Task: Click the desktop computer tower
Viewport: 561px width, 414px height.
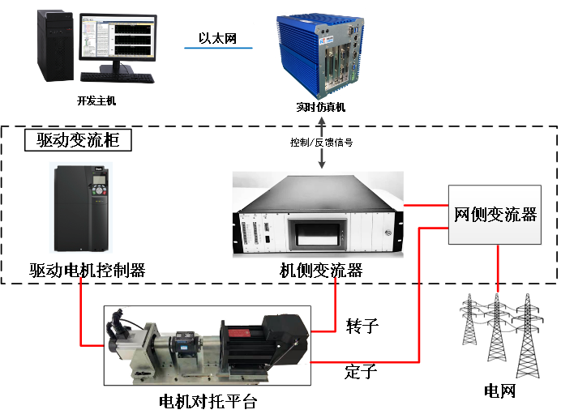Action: [58, 45]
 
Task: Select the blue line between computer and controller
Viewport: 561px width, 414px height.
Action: [218, 48]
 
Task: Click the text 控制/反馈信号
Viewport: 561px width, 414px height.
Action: [322, 143]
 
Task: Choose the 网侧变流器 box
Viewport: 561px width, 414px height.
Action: [495, 215]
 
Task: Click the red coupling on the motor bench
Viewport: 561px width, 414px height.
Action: [240, 333]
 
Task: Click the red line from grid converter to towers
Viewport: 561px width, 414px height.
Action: [496, 267]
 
